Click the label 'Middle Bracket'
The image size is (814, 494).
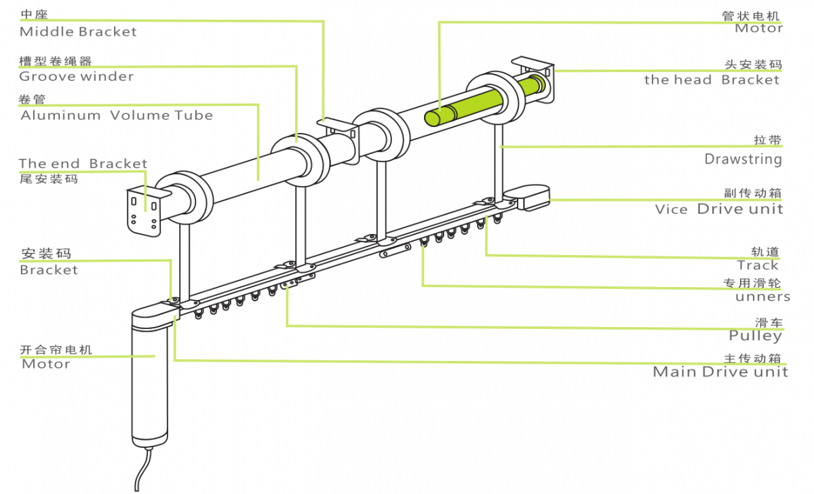tap(78, 32)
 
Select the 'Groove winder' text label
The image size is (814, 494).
tap(76, 77)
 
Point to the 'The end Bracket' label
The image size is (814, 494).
tap(83, 164)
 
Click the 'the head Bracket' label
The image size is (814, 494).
tap(712, 80)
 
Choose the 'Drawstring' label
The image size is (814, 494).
tap(743, 159)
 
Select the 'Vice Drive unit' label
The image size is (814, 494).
tap(719, 209)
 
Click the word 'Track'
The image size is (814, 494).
tap(758, 265)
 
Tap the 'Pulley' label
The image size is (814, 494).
tap(755, 335)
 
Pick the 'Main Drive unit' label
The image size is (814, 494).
tap(720, 372)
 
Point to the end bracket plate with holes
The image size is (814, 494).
tap(144, 210)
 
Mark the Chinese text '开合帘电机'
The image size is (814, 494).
tap(56, 350)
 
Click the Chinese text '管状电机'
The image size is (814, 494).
tap(751, 16)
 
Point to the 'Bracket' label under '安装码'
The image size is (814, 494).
tap(49, 270)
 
